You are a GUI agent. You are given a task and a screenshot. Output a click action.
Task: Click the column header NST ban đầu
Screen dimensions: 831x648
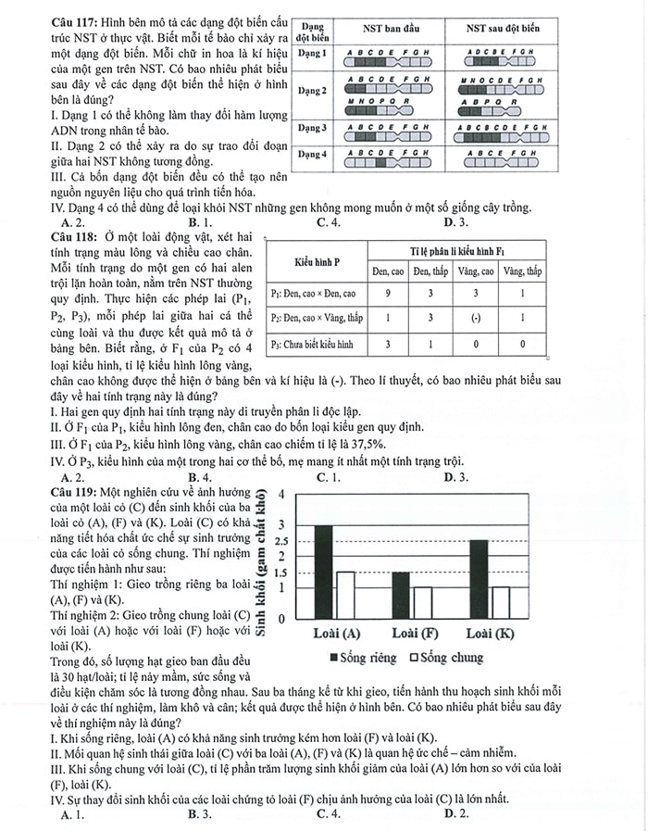[389, 29]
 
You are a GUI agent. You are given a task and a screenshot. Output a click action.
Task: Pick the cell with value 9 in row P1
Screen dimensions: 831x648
[390, 294]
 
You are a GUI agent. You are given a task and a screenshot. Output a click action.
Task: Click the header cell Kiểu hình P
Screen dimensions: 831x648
[316, 260]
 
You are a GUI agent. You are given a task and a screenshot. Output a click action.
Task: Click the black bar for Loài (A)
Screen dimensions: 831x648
[322, 572]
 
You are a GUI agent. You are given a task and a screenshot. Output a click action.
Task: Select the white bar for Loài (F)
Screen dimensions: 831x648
[422, 602]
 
